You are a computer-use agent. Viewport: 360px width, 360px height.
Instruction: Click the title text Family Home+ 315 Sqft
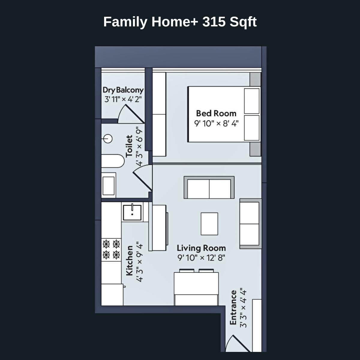click(x=180, y=22)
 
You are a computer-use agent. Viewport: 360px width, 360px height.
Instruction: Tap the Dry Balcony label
click(x=123, y=90)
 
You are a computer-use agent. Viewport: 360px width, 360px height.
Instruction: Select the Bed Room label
click(x=216, y=113)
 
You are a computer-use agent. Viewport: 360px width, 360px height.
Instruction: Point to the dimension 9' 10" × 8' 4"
click(x=216, y=123)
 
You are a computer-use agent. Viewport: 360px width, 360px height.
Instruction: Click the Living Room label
click(x=201, y=248)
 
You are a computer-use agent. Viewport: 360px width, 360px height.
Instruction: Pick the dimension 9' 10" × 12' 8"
click(x=201, y=258)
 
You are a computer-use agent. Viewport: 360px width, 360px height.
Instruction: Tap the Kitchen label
click(x=129, y=260)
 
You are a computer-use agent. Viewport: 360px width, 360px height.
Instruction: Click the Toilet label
click(x=129, y=146)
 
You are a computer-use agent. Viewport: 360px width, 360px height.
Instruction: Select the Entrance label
click(x=233, y=307)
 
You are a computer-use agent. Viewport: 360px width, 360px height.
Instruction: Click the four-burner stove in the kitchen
click(x=111, y=249)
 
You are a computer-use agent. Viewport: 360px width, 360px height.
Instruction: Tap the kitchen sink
click(x=132, y=212)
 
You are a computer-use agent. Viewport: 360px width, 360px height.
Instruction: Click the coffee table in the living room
click(x=209, y=224)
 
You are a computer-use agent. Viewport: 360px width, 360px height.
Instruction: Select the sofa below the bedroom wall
click(x=209, y=187)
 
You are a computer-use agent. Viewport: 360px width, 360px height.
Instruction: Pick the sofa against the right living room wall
click(x=250, y=223)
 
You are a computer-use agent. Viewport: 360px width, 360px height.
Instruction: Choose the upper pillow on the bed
click(x=252, y=101)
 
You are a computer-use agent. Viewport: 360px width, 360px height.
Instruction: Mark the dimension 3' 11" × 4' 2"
click(x=123, y=99)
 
